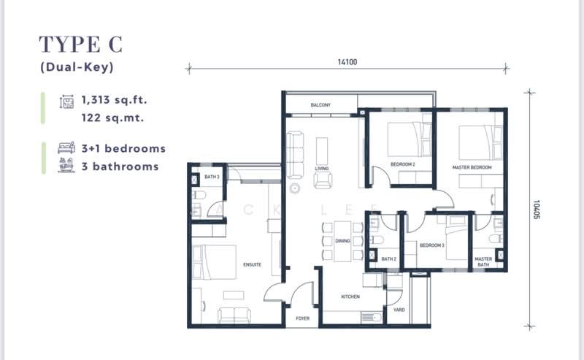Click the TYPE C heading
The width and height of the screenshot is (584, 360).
[81, 45]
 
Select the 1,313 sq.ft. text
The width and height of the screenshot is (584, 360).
[120, 99]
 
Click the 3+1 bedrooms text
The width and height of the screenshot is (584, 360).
[123, 148]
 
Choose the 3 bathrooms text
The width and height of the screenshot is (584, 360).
[120, 166]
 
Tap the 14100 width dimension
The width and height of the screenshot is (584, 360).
[347, 63]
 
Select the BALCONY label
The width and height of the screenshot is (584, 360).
[320, 105]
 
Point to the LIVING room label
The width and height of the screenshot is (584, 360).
[322, 169]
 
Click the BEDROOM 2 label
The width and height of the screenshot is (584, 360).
[402, 164]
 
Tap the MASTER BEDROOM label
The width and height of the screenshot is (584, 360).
[472, 167]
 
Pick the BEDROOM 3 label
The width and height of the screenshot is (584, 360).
[432, 245]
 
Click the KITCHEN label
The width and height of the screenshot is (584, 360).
[350, 296]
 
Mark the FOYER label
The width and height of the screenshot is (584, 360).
[302, 319]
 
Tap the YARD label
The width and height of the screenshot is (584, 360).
[399, 309]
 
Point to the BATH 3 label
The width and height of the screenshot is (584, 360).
[212, 177]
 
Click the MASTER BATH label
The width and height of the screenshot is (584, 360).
[483, 261]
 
